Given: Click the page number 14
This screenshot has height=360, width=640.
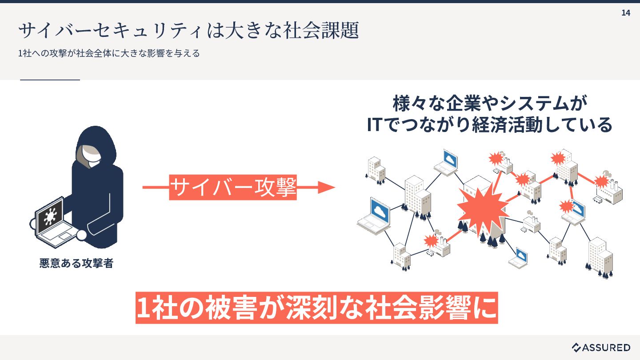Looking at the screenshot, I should (x=625, y=13).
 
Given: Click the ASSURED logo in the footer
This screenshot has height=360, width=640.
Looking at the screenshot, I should (x=601, y=347).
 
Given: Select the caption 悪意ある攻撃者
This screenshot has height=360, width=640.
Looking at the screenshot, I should (x=76, y=264).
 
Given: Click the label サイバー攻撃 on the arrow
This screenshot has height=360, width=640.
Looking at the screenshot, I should (x=233, y=188).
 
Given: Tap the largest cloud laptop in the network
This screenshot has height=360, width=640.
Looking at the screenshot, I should (x=375, y=215).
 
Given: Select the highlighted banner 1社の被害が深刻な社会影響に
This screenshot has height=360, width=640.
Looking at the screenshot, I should (x=316, y=307).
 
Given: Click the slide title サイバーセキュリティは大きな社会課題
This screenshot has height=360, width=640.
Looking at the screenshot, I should (x=188, y=31).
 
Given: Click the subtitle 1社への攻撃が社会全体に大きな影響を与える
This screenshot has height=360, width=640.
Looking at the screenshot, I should (x=109, y=53).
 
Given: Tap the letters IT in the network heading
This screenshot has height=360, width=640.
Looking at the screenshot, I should (x=374, y=125).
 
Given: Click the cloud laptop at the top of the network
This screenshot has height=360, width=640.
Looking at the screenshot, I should (x=447, y=162).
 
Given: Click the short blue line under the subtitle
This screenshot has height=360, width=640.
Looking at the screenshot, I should (x=50, y=80).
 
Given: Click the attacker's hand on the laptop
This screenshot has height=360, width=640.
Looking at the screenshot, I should (x=82, y=235).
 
